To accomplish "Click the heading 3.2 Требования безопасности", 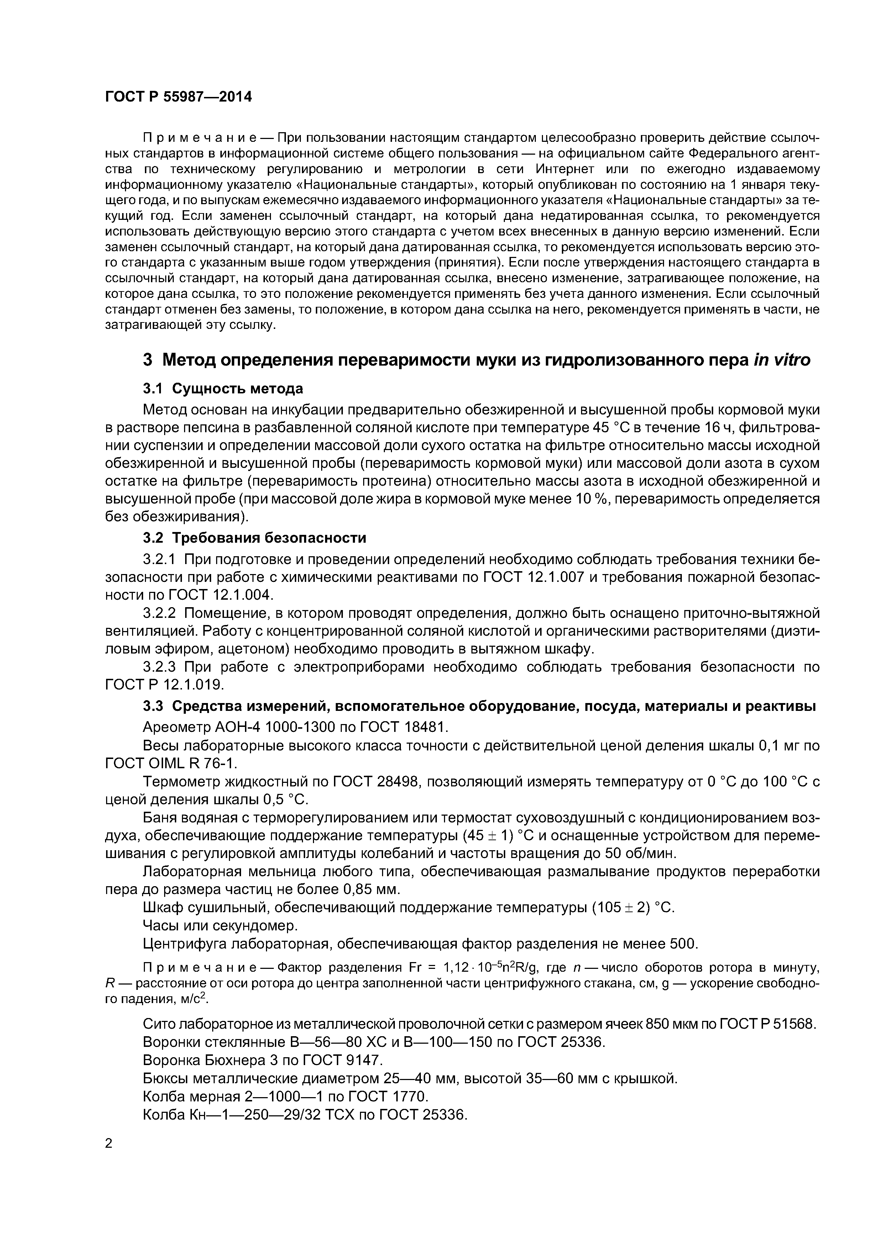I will tap(254, 538).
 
